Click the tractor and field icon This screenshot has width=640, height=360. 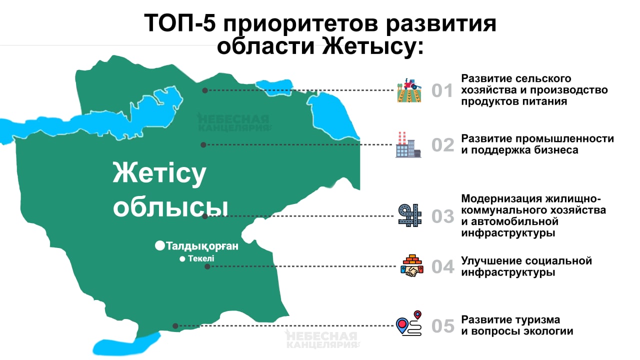pyautogui.click(x=409, y=90)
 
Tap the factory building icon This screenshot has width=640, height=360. pyautogui.click(x=408, y=144)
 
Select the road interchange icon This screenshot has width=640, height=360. pyautogui.click(x=410, y=215)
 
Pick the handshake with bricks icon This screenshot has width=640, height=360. pyautogui.click(x=412, y=265)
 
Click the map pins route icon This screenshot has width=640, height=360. pyautogui.click(x=409, y=323)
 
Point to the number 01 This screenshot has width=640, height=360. pyautogui.click(x=442, y=90)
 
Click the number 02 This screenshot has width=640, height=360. pyautogui.click(x=442, y=145)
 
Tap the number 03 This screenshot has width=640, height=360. pyautogui.click(x=442, y=216)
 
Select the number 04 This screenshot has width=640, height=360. pyautogui.click(x=442, y=266)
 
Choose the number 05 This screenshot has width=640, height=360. pyautogui.click(x=442, y=325)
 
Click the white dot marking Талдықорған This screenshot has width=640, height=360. pyautogui.click(x=160, y=245)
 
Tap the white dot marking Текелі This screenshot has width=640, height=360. pyautogui.click(x=182, y=259)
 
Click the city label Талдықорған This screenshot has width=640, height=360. pyautogui.click(x=202, y=246)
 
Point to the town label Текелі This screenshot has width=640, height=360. pyautogui.click(x=201, y=258)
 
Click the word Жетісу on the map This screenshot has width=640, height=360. pyautogui.click(x=159, y=173)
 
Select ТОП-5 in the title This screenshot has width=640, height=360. pyautogui.click(x=179, y=23)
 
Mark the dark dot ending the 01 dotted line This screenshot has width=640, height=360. pyautogui.click(x=205, y=90)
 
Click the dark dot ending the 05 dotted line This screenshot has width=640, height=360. pyautogui.click(x=175, y=325)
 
